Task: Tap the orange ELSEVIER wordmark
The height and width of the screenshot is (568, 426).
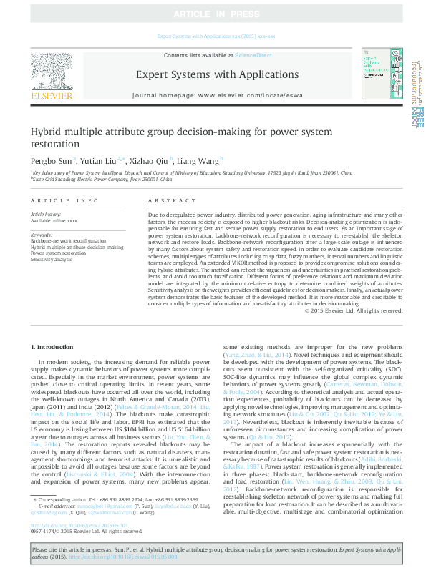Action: (x=51, y=94)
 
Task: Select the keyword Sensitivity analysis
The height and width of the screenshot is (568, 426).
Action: (x=52, y=259)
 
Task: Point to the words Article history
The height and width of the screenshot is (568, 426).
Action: (x=45, y=214)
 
